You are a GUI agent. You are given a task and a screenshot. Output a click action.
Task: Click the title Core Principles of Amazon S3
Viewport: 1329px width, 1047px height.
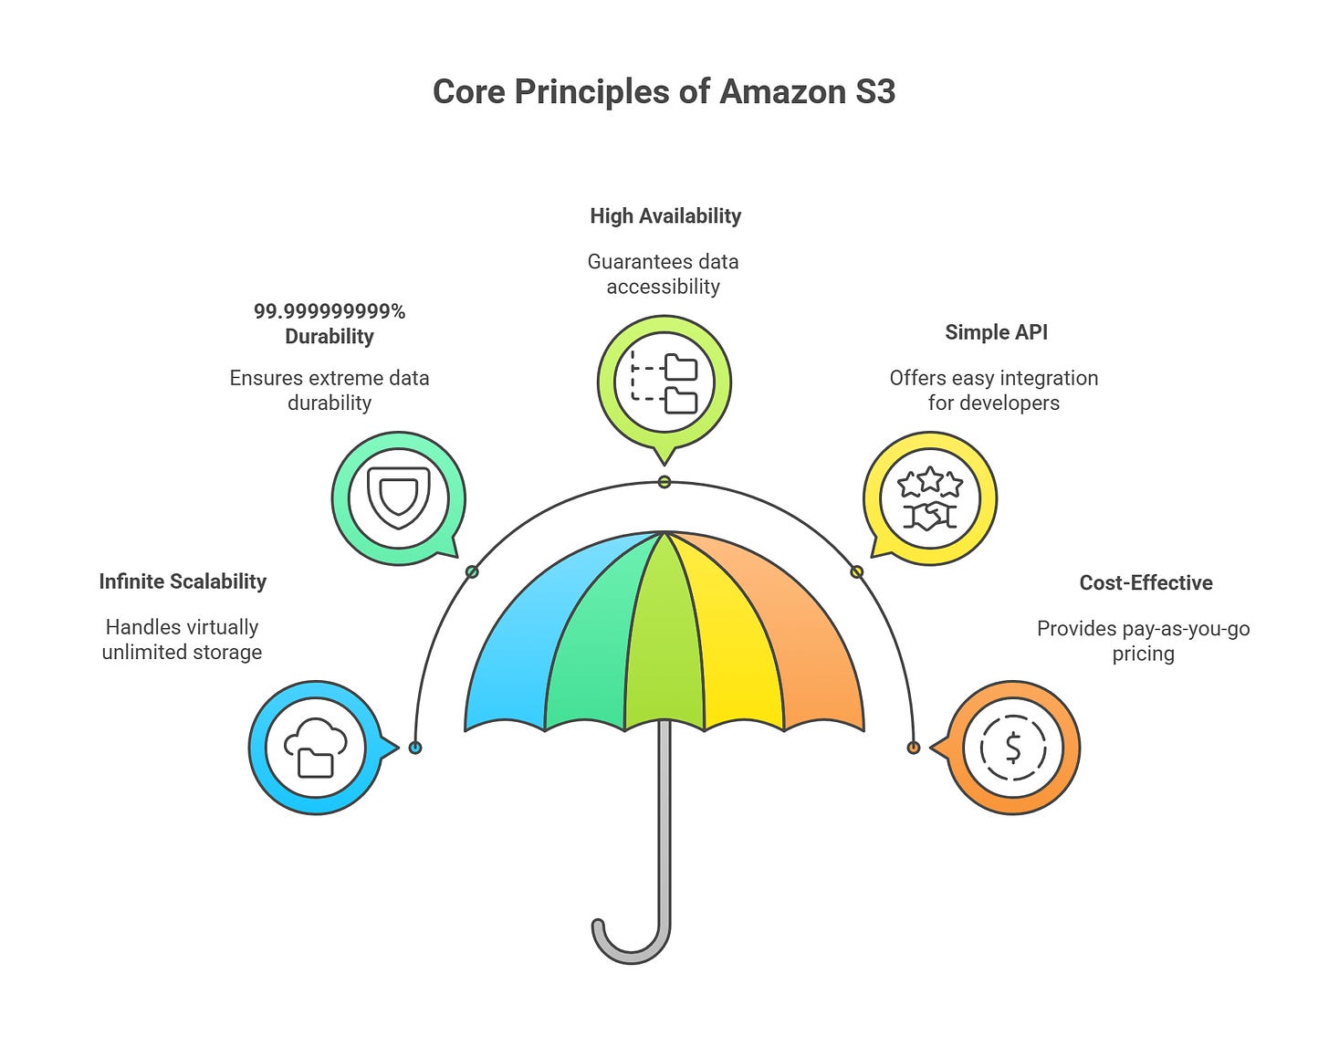tap(664, 92)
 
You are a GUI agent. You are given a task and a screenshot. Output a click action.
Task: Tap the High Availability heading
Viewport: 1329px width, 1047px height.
tap(665, 216)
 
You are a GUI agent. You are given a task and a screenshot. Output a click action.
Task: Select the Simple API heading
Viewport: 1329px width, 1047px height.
tap(996, 332)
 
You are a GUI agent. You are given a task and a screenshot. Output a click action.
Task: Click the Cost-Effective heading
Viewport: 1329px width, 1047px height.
tap(1146, 582)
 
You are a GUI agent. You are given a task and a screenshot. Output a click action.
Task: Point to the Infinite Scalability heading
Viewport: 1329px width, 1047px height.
tap(183, 581)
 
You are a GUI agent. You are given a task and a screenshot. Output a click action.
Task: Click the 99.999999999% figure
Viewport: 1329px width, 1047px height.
tap(330, 311)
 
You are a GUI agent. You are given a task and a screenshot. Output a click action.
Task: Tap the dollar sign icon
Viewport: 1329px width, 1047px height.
tap(1013, 748)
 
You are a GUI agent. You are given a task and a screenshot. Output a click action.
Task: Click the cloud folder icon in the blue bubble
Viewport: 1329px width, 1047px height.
tap(316, 748)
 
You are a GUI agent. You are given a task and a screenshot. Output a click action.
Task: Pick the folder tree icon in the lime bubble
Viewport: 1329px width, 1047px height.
tap(664, 382)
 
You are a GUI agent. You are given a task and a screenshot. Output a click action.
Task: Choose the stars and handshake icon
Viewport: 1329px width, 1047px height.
tap(930, 499)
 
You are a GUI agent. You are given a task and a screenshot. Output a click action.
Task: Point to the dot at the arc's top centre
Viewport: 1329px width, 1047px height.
tap(664, 482)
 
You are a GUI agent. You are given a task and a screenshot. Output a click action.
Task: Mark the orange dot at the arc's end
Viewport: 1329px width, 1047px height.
tap(913, 748)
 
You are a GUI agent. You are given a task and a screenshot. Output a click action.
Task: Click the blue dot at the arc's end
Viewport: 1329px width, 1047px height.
tap(415, 748)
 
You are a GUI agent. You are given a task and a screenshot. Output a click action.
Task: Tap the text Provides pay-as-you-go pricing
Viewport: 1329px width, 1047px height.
tap(1143, 641)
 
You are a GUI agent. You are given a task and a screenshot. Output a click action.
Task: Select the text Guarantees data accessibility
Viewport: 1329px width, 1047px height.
tap(664, 274)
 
